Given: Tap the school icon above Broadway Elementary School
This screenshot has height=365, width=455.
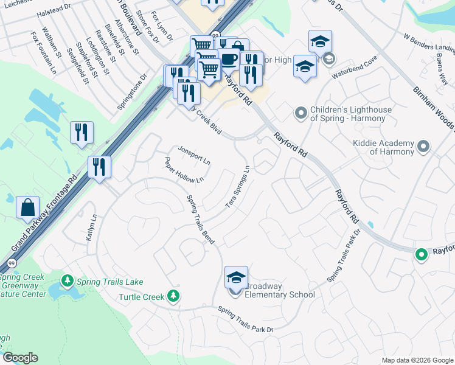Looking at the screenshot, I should coord(236,278).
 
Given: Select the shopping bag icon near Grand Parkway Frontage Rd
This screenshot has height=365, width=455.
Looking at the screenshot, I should coord(28,207).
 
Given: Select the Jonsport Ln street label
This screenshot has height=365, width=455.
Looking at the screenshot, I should coord(193,156).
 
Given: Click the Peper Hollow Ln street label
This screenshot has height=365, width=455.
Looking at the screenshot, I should coord(183,170).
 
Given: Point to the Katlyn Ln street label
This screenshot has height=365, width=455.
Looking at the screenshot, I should coord(91,227).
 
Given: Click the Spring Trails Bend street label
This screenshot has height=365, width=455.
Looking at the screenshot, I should coord(201,220).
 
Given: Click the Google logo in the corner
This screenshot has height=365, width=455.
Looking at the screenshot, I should coord(20,358).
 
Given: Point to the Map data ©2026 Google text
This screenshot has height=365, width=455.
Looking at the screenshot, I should coord(417,360).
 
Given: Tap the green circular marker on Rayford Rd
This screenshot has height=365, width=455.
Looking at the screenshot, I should coord(420,254).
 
